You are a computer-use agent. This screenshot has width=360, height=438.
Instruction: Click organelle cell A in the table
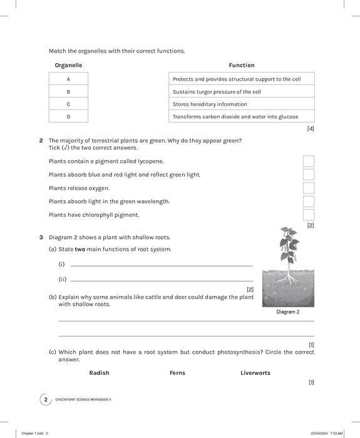pyautogui.click(x=68, y=79)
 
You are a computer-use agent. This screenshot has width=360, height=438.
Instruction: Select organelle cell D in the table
pyautogui.click(x=68, y=116)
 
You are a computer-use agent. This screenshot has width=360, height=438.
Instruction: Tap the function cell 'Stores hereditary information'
pyautogui.click(x=241, y=104)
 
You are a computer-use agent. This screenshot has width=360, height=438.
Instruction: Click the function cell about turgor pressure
pyautogui.click(x=241, y=91)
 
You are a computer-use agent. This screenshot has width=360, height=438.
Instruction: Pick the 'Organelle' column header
pyautogui.click(x=68, y=65)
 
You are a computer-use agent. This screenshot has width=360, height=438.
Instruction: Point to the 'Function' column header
pyautogui.click(x=242, y=65)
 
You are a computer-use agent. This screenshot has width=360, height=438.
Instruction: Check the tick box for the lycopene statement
pyautogui.click(x=309, y=161)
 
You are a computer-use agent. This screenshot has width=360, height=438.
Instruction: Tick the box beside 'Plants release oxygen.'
pyautogui.click(x=309, y=188)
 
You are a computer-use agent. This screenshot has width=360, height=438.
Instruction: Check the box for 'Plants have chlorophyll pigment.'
pyautogui.click(x=309, y=215)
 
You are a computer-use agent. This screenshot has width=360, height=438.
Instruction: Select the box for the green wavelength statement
pyautogui.click(x=309, y=201)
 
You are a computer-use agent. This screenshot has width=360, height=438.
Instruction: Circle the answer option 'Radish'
pyautogui.click(x=99, y=373)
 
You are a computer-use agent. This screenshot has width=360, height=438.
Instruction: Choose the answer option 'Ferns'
pyautogui.click(x=177, y=373)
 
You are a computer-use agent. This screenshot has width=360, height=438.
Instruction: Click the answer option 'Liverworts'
pyautogui.click(x=255, y=373)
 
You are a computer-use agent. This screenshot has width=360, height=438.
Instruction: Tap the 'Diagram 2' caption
pyautogui.click(x=288, y=312)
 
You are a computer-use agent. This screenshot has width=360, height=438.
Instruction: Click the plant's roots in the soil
pyautogui.click(x=288, y=279)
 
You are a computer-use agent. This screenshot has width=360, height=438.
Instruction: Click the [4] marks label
pyautogui.click(x=311, y=129)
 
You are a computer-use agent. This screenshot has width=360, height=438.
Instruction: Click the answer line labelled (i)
pyautogui.click(x=162, y=265)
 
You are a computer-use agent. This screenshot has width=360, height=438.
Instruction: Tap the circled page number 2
pyautogui.click(x=44, y=399)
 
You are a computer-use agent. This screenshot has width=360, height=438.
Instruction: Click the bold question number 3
pyautogui.click(x=41, y=238)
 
